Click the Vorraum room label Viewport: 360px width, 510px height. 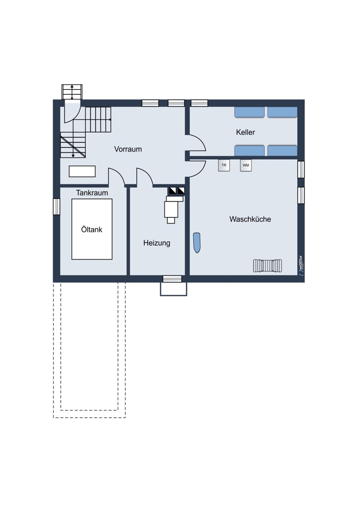128,149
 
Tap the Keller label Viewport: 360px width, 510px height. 246,132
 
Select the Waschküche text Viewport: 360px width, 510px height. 250,219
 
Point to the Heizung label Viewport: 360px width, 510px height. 157,243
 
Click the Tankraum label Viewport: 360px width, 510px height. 92,193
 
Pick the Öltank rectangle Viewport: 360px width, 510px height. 92,229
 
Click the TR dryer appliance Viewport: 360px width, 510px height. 224,165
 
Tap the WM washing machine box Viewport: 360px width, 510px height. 246,165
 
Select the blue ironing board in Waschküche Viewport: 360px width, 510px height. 197,243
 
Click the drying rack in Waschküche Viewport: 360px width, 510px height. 267,265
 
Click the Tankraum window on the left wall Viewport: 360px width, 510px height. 57,207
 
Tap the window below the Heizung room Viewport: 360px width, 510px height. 172,279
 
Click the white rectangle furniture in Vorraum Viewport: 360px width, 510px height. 82,171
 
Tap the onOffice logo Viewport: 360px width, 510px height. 300,266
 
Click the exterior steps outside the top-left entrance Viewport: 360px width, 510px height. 72,92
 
